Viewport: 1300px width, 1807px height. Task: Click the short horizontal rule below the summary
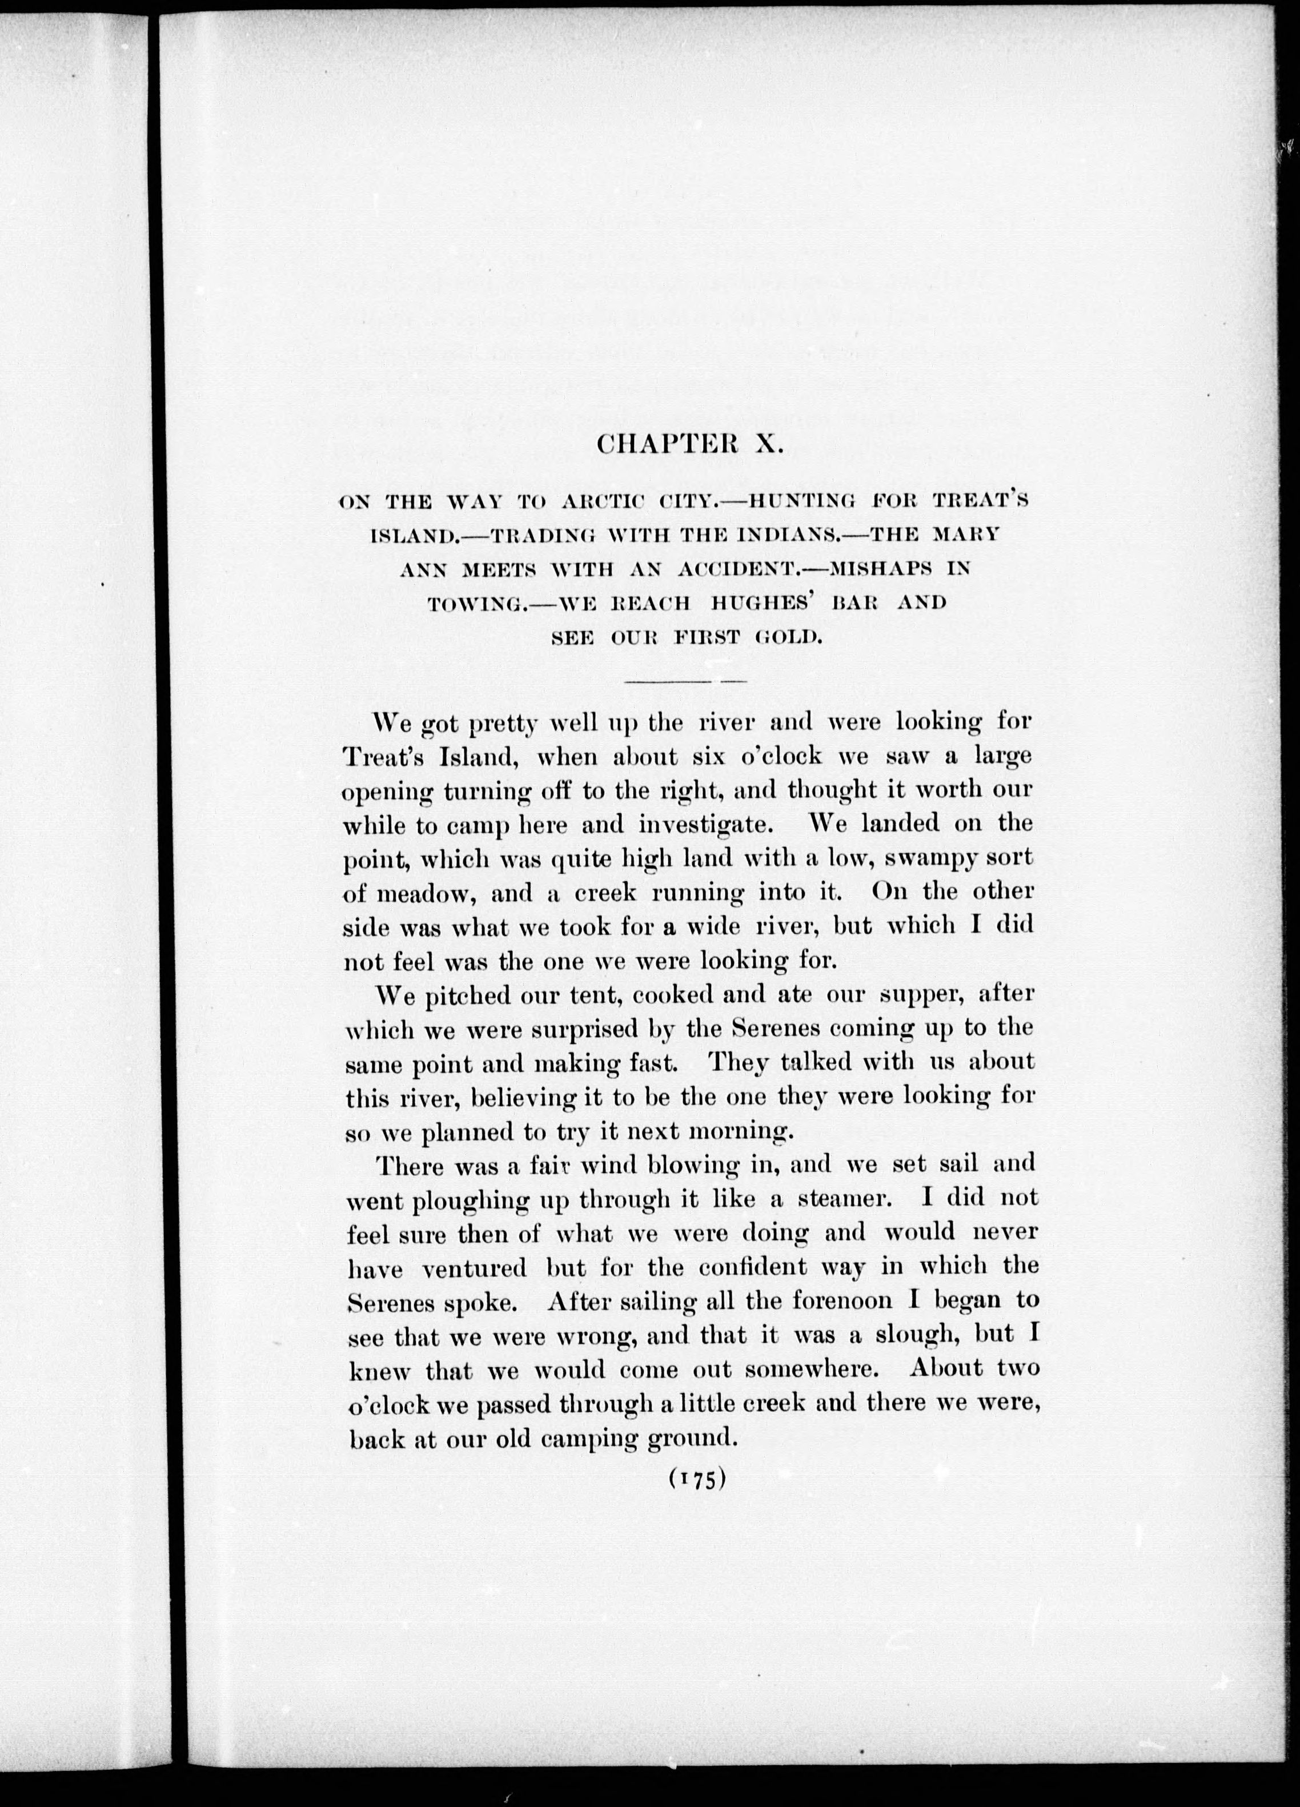(x=685, y=682)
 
